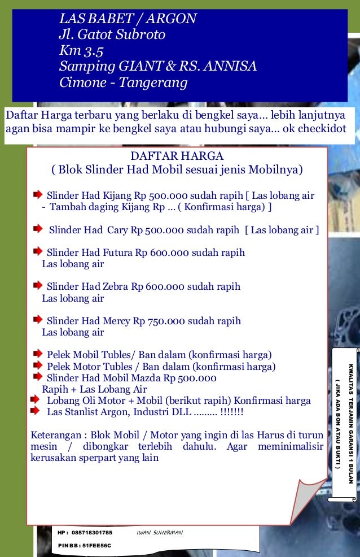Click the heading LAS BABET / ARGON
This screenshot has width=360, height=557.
(x=128, y=19)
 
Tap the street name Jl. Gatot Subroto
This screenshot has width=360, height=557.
(x=112, y=35)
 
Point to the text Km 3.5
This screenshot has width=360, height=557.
(x=81, y=51)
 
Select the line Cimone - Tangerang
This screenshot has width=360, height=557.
(x=123, y=83)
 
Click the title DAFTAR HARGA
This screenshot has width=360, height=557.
(x=177, y=156)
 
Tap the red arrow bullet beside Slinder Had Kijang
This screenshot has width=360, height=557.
(x=37, y=195)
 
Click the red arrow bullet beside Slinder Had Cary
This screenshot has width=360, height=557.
(x=37, y=229)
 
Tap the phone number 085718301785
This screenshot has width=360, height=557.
(x=92, y=533)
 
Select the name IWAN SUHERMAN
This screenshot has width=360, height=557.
(x=160, y=533)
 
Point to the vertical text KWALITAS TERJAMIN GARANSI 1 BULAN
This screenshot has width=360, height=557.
(x=350, y=423)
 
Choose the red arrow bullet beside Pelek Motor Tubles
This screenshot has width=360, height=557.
(x=37, y=366)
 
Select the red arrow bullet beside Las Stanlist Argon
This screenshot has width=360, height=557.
(x=37, y=412)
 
